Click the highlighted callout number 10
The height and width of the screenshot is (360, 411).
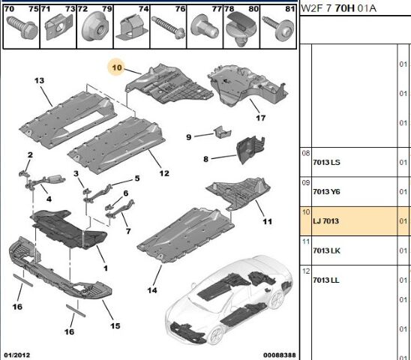coord(117,67)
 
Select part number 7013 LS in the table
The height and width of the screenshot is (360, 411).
coord(326,162)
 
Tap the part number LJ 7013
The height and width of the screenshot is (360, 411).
coord(325,221)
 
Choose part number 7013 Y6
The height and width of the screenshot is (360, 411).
coord(326,192)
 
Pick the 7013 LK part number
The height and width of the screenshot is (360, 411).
coord(326,250)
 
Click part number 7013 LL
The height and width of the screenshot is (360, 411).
coord(325,280)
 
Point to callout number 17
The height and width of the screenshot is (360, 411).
coord(260,118)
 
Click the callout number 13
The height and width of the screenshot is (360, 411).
coord(39,80)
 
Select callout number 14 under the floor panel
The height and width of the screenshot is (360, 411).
coord(152,290)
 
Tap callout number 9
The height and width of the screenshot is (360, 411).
coord(189,137)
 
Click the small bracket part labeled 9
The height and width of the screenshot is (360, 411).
coord(223,132)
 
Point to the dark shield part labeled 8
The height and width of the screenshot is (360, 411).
coord(250,150)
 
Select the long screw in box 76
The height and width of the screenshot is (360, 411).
coord(168,28)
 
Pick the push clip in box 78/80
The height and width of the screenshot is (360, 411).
coord(241,28)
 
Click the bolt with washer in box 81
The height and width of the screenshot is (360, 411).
coord(279,28)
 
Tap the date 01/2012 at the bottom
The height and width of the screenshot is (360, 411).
coord(17,355)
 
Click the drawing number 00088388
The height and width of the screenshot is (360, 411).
coord(280,355)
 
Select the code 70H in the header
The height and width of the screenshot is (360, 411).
coord(345,8)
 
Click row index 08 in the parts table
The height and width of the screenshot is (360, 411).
coord(306,153)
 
